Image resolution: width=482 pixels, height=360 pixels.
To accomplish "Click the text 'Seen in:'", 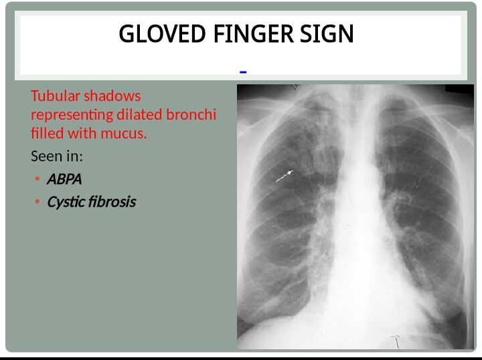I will point(57,157).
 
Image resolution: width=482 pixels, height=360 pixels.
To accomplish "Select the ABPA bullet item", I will point(64,179).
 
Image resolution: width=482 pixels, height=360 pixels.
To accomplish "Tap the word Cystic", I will point(65,202).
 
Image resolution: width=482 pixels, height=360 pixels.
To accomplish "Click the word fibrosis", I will point(111,202).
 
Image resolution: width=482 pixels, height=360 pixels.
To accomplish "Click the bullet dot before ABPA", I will point(36,179).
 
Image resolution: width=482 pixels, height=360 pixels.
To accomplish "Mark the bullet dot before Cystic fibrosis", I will point(36,202).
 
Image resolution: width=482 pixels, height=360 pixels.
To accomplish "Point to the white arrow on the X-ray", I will point(285,176).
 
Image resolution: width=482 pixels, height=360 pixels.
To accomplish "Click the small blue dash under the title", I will point(243,72).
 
